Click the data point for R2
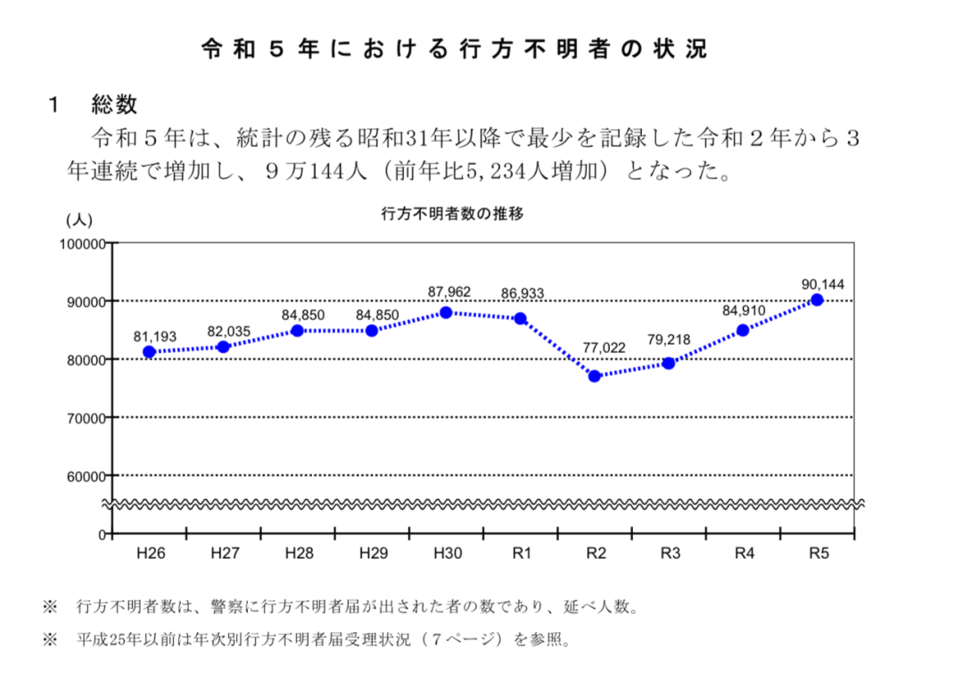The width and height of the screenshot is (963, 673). [594, 376]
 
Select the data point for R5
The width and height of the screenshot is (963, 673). [817, 300]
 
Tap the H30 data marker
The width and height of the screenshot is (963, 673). [446, 313]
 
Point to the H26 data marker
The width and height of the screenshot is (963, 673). [149, 352]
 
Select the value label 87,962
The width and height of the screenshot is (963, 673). [449, 291]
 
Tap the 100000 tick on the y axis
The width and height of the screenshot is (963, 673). [81, 243]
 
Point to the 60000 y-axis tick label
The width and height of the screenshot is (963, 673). [84, 476]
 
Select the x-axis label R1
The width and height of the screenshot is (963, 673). [522, 554]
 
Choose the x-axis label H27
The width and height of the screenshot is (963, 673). [225, 554]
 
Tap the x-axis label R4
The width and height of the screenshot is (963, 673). [745, 554]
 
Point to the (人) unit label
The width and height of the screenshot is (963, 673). [78, 219]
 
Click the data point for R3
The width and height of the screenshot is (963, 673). [669, 363]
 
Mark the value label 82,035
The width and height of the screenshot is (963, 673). [229, 332]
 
